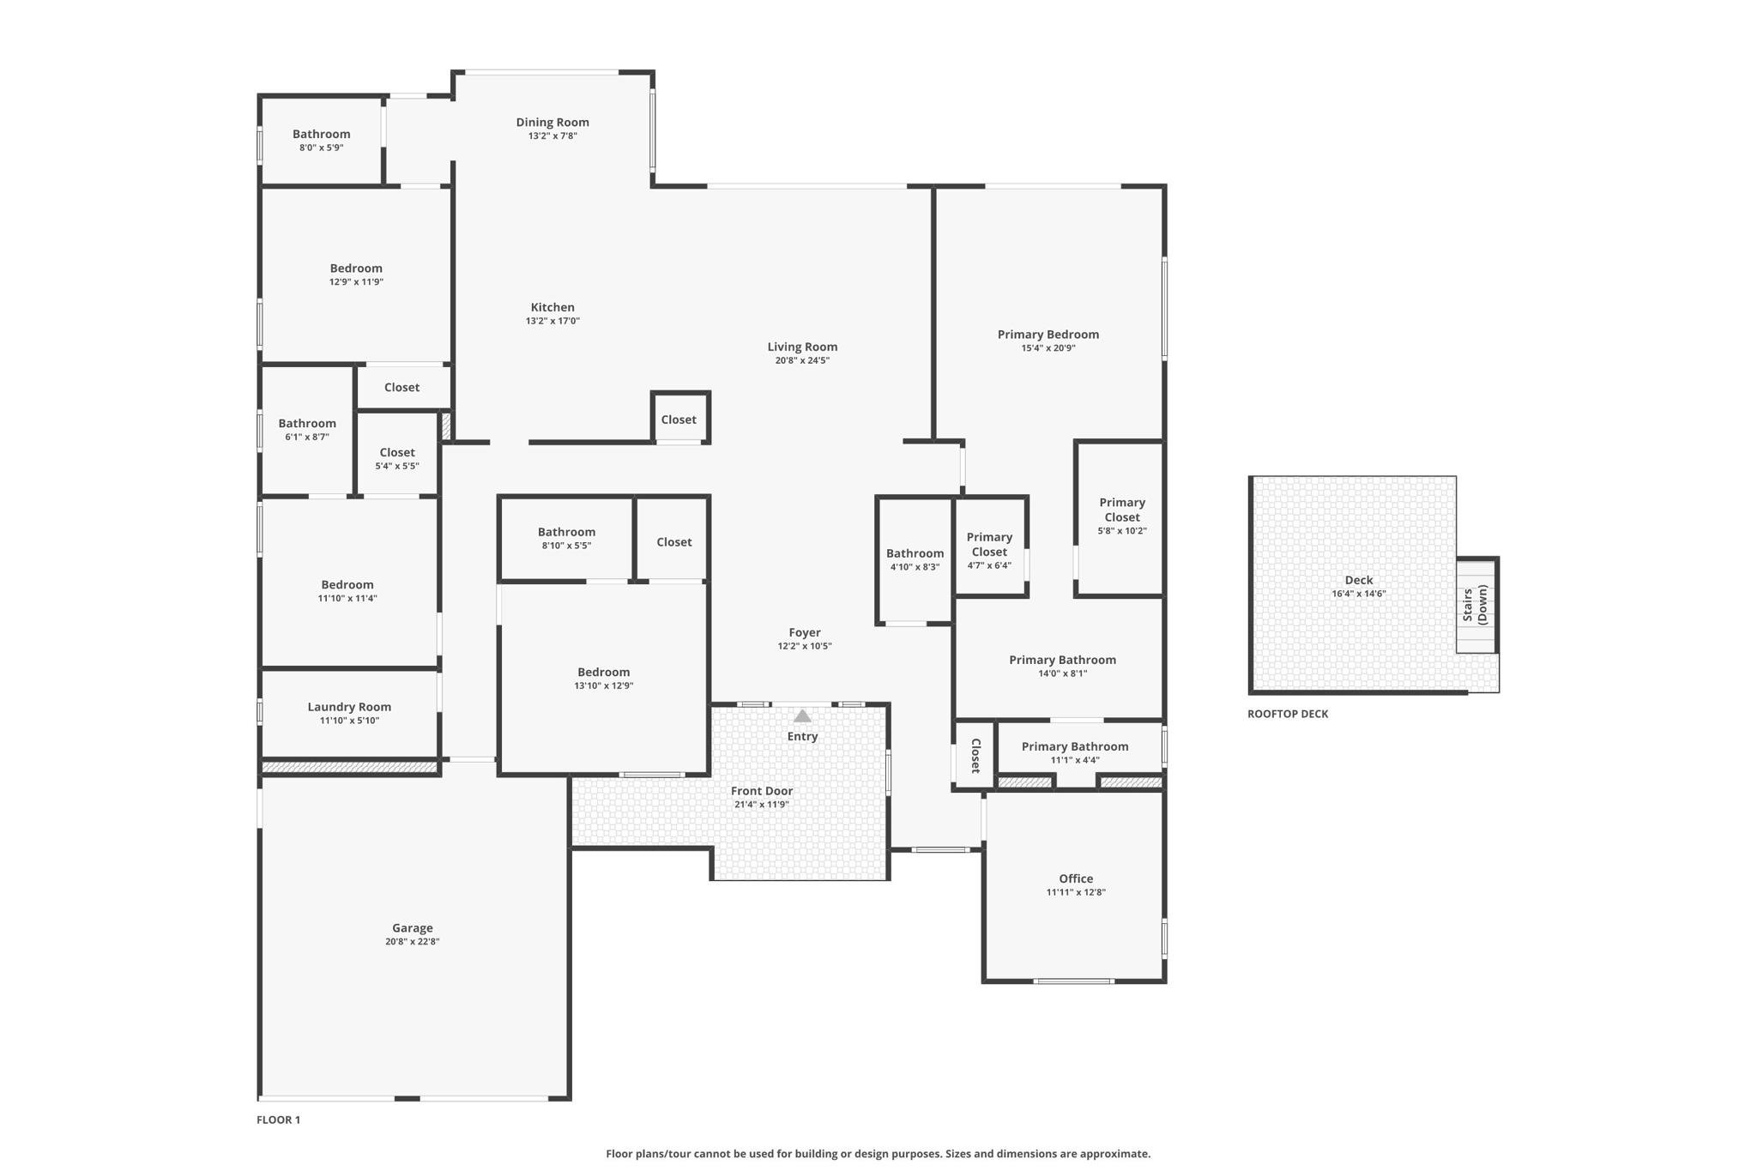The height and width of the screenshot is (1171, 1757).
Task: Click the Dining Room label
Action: tap(552, 123)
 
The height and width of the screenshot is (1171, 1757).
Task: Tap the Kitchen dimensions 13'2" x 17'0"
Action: tap(552, 321)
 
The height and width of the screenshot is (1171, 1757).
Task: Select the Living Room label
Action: tap(802, 347)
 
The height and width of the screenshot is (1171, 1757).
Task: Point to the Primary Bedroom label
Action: tap(1048, 335)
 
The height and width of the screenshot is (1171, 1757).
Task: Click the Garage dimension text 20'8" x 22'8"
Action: tap(412, 941)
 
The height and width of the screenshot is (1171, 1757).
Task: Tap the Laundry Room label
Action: tap(349, 707)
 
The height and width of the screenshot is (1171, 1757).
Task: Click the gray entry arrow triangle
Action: tap(802, 715)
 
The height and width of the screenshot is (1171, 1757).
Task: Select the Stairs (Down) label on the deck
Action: tap(1475, 605)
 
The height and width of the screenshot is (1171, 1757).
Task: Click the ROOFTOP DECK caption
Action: tap(1287, 714)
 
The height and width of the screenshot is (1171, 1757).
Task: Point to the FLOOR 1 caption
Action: tap(278, 1120)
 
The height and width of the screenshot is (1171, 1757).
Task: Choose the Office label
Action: tap(1076, 878)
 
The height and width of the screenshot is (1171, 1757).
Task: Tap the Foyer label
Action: tap(805, 632)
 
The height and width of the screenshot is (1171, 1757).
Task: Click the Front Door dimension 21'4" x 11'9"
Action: tap(761, 805)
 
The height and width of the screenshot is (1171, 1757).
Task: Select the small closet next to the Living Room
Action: tap(679, 420)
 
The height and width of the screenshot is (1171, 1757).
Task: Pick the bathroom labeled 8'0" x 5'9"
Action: tap(321, 140)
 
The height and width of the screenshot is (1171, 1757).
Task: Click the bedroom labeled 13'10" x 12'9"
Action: tap(603, 678)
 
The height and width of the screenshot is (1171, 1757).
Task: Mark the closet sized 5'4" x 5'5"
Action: tap(397, 458)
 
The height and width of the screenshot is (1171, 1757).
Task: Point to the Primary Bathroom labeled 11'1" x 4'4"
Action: tap(1075, 752)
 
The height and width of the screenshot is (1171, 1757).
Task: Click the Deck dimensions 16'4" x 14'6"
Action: tap(1358, 594)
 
